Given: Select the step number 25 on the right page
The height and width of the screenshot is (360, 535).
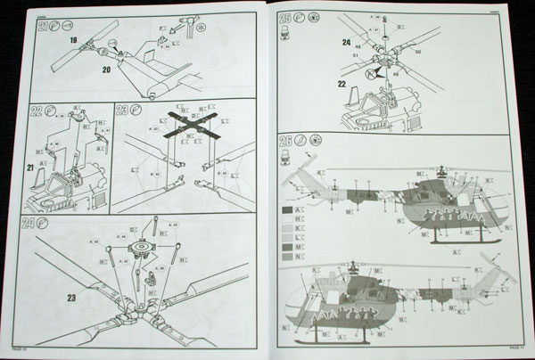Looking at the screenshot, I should pyautogui.click(x=288, y=19).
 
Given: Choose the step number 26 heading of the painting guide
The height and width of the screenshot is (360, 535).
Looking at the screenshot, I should pyautogui.click(x=288, y=140).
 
